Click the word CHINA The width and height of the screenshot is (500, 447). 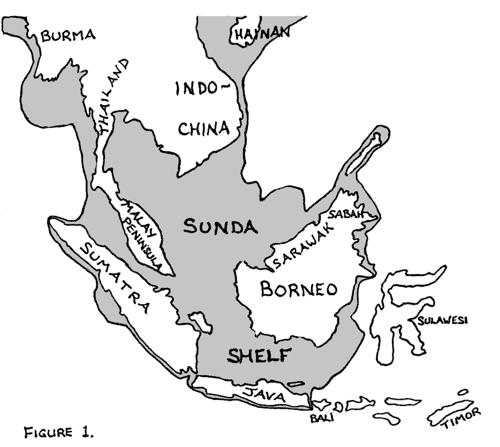(203, 128)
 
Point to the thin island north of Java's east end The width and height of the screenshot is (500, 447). (296, 384)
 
